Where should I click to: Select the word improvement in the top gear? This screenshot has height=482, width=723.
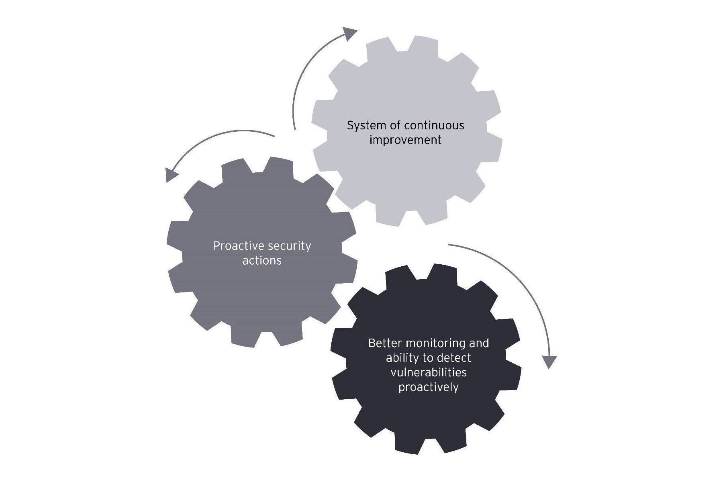pos(405,141)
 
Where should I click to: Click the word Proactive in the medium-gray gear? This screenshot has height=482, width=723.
pos(233,246)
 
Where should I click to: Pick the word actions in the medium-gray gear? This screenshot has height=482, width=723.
pos(262,261)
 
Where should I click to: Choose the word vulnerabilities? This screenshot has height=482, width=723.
pos(429,372)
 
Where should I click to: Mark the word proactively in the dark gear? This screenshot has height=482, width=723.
pos(429,387)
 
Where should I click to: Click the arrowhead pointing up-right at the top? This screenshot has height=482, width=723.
pos(350,33)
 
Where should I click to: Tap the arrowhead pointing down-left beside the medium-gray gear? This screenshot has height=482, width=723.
pos(172,175)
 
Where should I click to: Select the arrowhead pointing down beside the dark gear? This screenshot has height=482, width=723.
pos(549,361)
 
